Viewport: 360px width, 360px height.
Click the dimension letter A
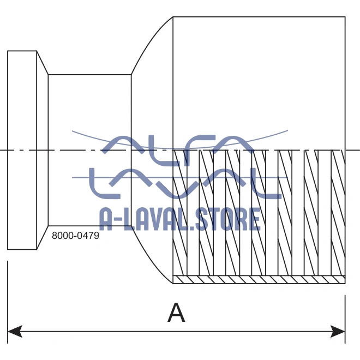pos(176,313)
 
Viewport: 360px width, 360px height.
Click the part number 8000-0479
pos(75,236)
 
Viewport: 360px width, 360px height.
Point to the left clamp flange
pos(22,150)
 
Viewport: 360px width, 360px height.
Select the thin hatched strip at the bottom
pos(259,279)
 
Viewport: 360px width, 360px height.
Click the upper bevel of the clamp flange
pos(43,62)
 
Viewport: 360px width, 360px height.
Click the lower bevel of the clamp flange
pos(43,238)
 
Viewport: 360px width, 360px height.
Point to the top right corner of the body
pos(345,17)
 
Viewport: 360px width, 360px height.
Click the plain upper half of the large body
pos(259,82)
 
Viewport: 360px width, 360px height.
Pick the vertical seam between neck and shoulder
pos(131,109)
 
